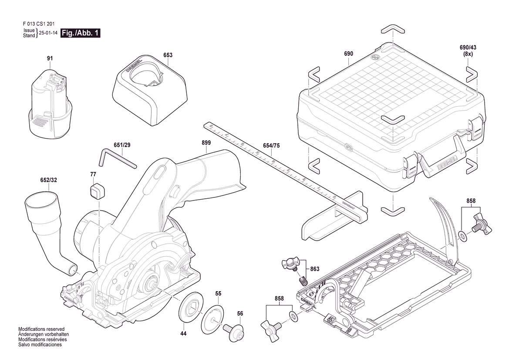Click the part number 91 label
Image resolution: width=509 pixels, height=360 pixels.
50,58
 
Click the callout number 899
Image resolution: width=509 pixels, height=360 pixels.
206,143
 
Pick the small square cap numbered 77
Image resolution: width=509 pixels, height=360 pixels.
96,190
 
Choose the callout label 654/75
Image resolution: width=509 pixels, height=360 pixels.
271,146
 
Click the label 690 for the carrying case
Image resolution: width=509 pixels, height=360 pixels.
348,54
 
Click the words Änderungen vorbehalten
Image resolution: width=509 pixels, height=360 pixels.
44,334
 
